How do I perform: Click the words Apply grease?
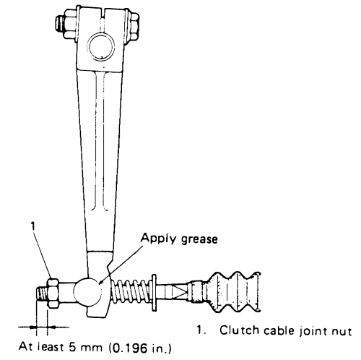click(179, 239)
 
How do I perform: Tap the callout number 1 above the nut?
click(33, 226)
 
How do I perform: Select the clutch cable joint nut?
click(53, 293)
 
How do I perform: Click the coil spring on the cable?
click(131, 292)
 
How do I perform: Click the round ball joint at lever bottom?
click(87, 291)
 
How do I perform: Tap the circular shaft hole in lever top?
click(101, 46)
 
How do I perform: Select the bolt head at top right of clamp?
click(133, 26)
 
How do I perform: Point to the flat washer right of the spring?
click(154, 292)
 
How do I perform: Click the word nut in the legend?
click(342, 332)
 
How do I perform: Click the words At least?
click(41, 346)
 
